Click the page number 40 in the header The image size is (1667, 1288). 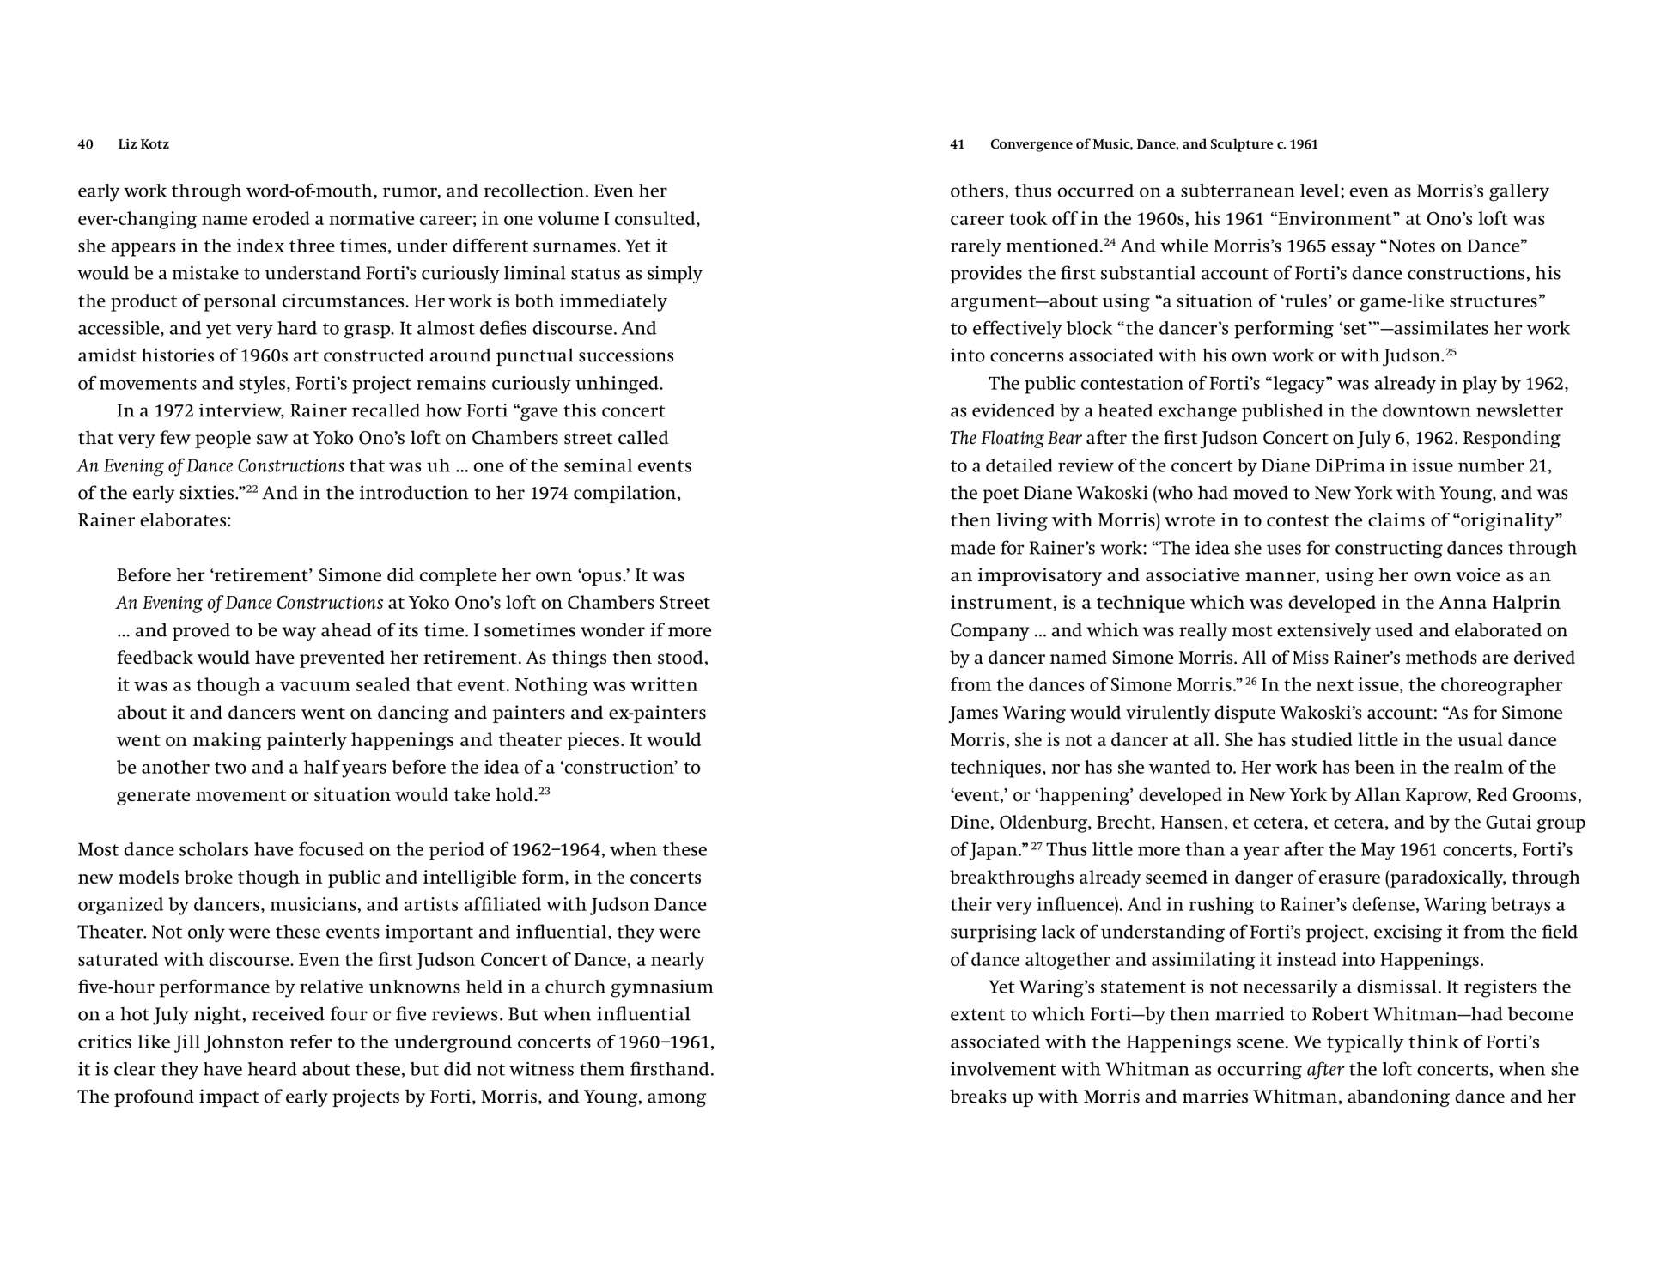click(85, 144)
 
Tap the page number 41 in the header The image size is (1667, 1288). click(958, 144)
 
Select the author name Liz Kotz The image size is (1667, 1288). click(143, 144)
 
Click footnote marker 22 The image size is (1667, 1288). click(252, 489)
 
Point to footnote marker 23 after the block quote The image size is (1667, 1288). click(545, 791)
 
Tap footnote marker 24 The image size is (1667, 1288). click(1110, 242)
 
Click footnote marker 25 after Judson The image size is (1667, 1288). click(1451, 352)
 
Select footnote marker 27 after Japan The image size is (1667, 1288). click(1037, 847)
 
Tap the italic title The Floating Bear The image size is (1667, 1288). click(1015, 438)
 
